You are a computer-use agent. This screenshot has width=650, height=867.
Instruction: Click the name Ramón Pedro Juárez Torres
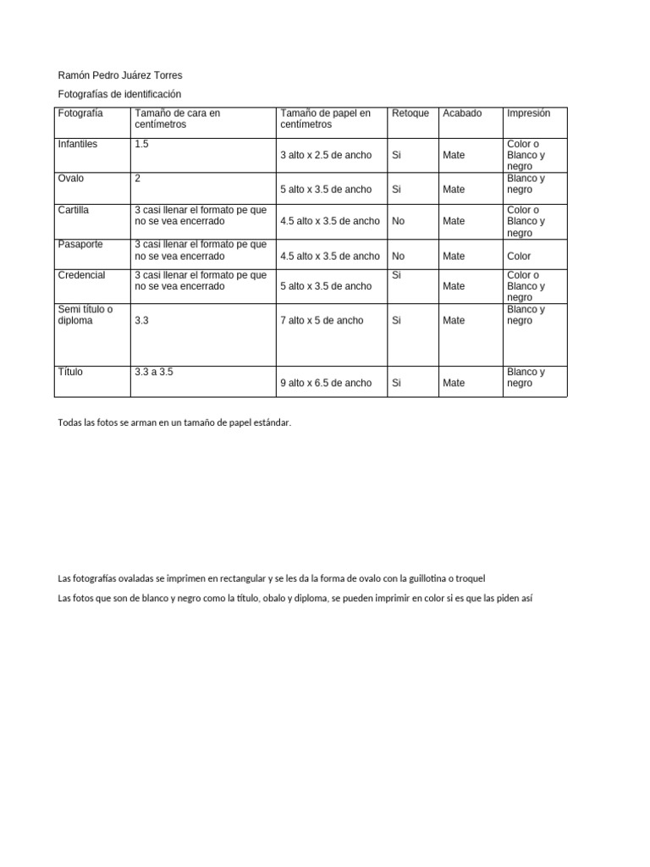coord(119,75)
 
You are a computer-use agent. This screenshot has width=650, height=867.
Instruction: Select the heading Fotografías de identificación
coord(119,94)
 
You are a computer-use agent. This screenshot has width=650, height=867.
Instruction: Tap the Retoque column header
coord(410,113)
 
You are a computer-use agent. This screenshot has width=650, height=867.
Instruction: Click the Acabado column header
coord(462,113)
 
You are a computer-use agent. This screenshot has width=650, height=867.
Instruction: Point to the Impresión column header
coord(528,113)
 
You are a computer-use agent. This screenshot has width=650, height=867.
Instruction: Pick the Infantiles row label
coord(78,144)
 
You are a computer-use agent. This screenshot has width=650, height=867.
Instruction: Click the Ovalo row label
coord(71,179)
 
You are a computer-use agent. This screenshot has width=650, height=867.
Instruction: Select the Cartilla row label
coord(74,210)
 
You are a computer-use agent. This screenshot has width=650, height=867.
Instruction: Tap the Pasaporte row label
coord(80,244)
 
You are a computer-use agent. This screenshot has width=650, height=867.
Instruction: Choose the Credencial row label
coord(82,275)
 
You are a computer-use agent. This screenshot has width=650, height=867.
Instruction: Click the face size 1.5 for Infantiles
coord(141,144)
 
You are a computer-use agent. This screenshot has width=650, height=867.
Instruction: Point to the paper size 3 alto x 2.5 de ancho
coord(326,156)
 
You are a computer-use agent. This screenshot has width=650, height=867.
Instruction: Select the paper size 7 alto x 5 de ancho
coord(322,321)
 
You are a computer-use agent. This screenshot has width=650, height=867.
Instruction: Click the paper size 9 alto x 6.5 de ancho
coord(326,383)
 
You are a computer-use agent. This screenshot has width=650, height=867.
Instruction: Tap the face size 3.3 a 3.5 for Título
coord(154,372)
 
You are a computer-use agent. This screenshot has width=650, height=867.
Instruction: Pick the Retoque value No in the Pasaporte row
coord(399,256)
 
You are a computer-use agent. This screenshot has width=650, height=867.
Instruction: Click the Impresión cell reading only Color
coord(519,256)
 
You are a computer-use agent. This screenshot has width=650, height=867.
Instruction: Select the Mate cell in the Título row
coord(454,383)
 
